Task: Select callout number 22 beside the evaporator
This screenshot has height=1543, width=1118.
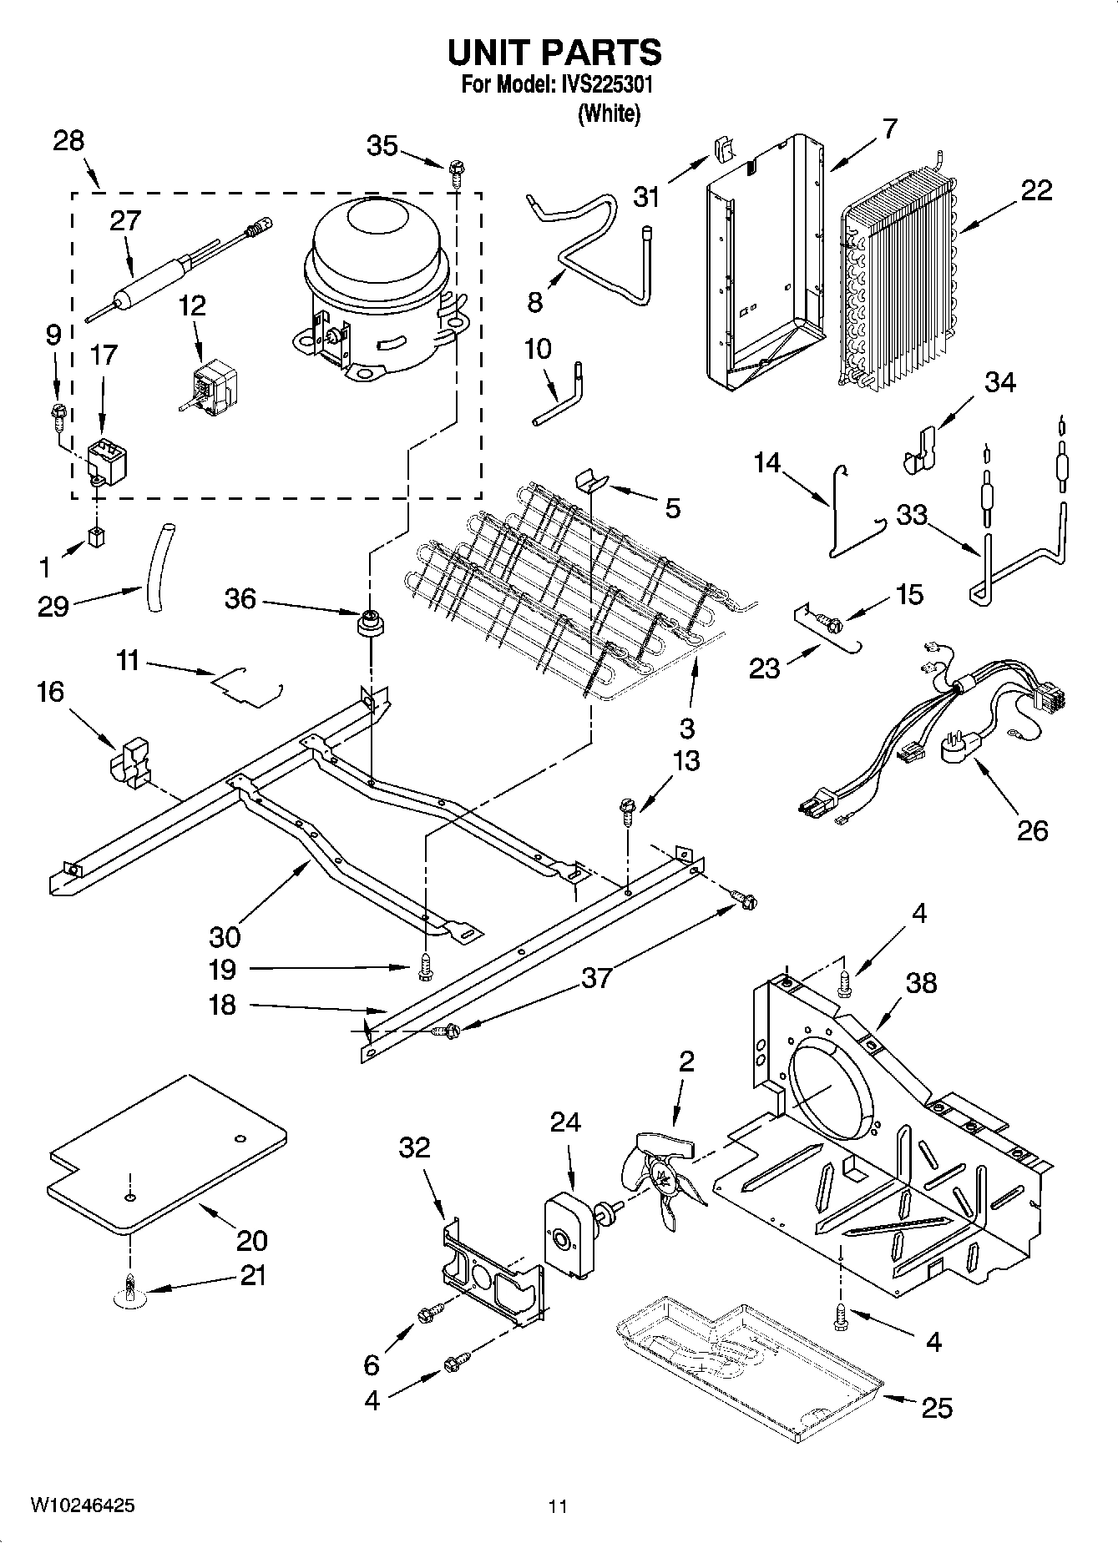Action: (1036, 191)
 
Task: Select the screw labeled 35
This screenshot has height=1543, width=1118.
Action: (457, 172)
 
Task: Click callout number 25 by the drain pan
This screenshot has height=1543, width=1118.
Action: (936, 1408)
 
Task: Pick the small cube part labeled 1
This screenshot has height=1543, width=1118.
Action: (98, 537)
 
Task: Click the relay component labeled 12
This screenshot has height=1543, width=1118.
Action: (214, 386)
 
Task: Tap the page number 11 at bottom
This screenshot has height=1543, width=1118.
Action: (559, 1505)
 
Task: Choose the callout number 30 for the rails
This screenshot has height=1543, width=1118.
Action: (225, 936)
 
